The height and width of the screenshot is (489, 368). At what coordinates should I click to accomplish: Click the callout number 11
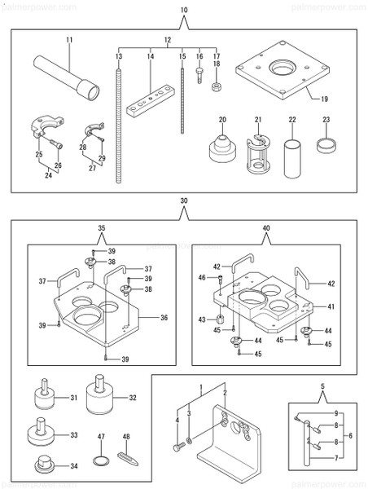[x=69, y=39]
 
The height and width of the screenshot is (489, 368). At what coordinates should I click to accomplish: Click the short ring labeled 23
[x=326, y=147]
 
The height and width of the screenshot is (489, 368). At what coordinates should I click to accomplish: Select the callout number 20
[x=221, y=119]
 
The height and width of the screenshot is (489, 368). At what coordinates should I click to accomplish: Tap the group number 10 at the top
[x=183, y=9]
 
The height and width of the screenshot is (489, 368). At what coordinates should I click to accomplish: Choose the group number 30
[x=184, y=200]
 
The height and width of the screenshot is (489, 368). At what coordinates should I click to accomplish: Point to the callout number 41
[x=331, y=306]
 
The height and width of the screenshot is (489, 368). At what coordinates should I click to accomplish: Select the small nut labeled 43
[x=220, y=319]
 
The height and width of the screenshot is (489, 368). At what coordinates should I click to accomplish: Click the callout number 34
[x=74, y=466]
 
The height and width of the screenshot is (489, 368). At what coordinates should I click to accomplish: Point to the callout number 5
[x=323, y=386]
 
